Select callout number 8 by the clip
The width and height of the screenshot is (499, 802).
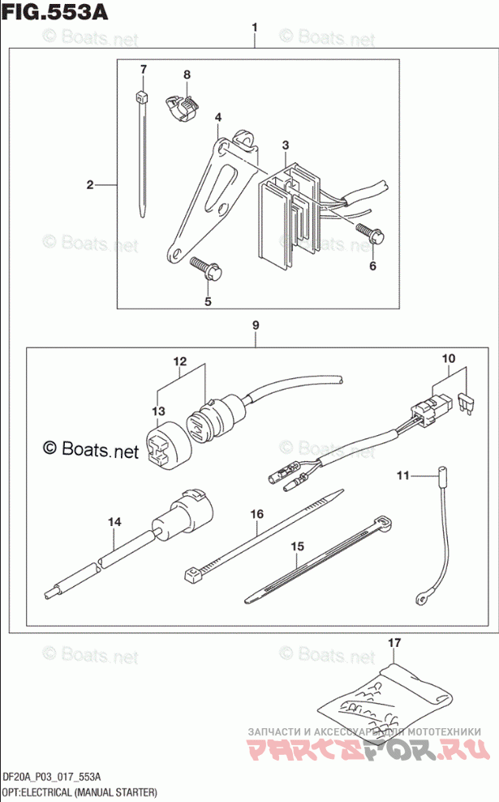[186, 75]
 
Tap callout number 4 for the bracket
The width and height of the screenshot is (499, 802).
[218, 118]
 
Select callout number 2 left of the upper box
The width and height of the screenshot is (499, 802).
[91, 185]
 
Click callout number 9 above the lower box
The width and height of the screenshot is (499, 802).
[255, 326]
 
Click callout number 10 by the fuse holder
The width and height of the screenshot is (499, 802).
[449, 357]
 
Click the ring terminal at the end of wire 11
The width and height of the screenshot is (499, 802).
[421, 599]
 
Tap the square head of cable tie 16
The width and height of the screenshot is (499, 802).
[193, 577]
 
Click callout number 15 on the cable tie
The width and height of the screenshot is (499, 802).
[296, 546]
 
